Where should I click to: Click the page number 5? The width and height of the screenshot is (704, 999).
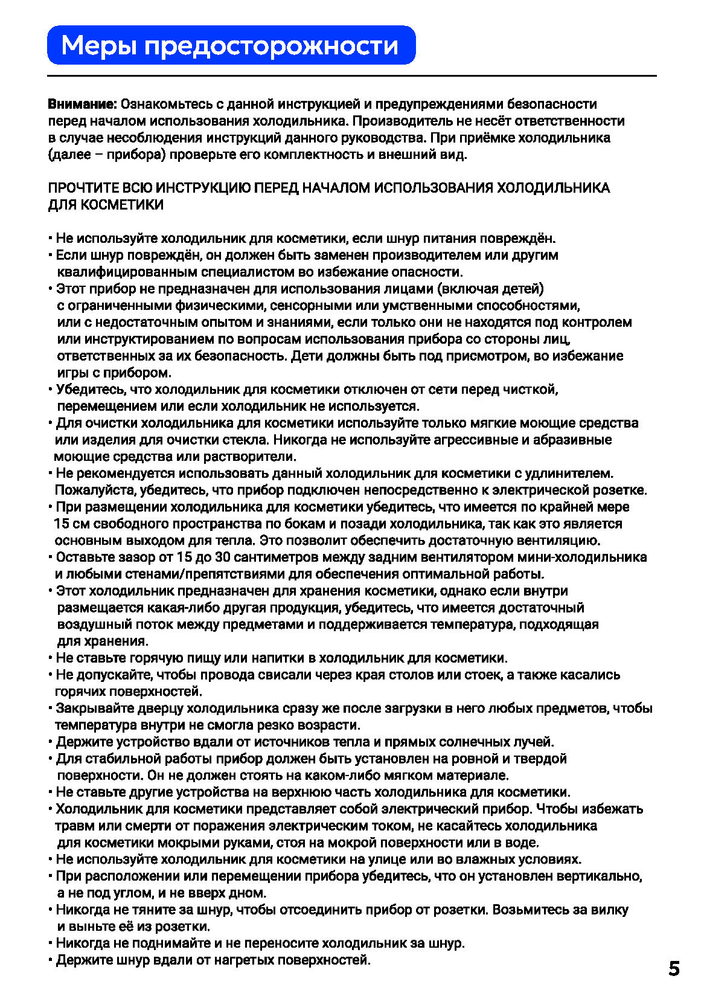(x=674, y=968)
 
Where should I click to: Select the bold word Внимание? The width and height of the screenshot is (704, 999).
(x=82, y=104)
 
